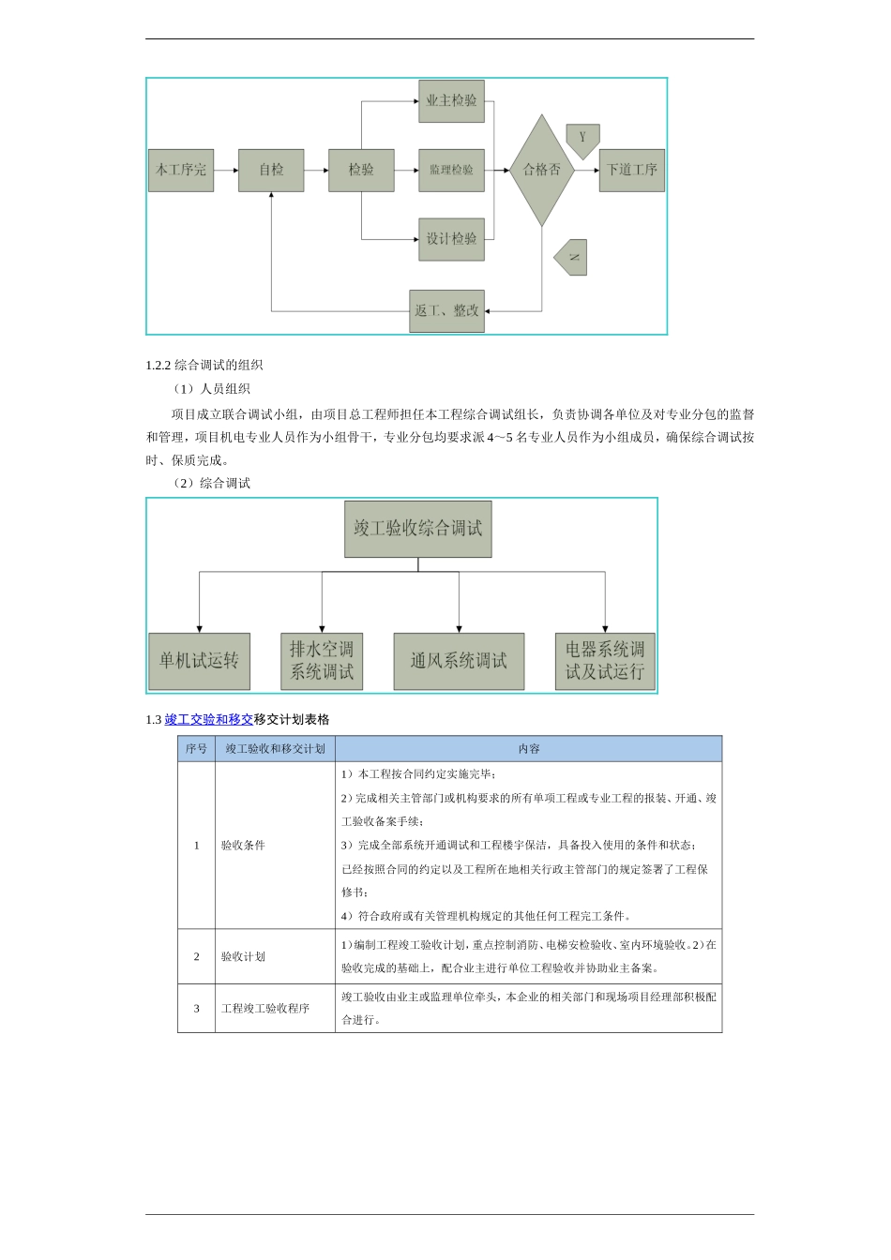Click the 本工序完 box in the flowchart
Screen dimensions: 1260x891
[x=181, y=171]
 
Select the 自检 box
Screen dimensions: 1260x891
[x=271, y=171]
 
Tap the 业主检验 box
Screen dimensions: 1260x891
[x=451, y=101]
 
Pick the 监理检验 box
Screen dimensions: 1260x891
[x=451, y=171]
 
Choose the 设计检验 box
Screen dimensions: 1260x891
[x=451, y=239]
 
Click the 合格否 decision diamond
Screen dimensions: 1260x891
[x=542, y=171]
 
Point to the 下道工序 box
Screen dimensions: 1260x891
[x=632, y=171]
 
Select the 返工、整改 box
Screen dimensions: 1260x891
[x=447, y=310]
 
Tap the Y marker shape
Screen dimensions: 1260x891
[x=582, y=140]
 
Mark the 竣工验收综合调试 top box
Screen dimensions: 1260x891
[x=417, y=529]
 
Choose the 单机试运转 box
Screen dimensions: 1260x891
[x=199, y=661]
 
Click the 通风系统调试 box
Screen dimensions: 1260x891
[x=459, y=661]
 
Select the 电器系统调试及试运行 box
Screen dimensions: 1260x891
[x=605, y=661]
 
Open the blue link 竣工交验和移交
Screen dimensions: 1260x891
[x=209, y=720]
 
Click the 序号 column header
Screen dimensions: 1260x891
[x=197, y=749]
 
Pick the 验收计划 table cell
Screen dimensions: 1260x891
[x=244, y=956]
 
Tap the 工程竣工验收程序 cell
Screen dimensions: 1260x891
[x=265, y=1009]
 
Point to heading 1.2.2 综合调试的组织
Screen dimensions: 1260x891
[x=204, y=366]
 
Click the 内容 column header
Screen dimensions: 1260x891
[x=529, y=749]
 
